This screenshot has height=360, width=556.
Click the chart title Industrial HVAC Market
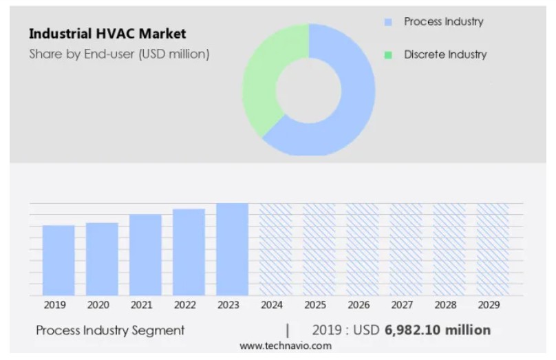tap(107, 34)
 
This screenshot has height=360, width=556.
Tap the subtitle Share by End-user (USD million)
tap(119, 54)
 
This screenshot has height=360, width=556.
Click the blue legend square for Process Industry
tap(388, 22)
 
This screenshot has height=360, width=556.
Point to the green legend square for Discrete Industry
tap(388, 55)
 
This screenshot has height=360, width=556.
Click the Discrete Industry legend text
tap(445, 54)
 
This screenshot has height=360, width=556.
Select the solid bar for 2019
tap(58, 260)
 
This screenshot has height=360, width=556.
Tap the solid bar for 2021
tap(145, 255)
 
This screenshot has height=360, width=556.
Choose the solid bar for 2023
tap(232, 249)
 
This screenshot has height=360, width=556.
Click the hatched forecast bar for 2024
tap(275, 249)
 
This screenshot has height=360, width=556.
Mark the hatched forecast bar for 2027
tap(406, 249)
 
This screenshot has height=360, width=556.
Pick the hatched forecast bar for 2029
tap(493, 249)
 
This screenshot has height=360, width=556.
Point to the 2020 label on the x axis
tap(98, 305)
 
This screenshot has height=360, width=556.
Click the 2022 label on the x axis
tap(185, 305)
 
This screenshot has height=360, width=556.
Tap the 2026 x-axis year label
tap(359, 305)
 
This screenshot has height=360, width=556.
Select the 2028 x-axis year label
tap(445, 305)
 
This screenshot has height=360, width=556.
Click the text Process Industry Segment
tap(110, 330)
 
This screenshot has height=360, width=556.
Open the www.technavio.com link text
tap(285, 346)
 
